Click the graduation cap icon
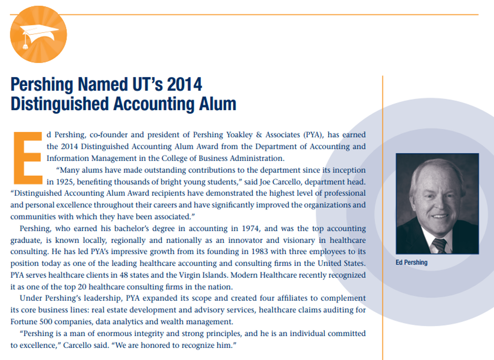pos(38,34)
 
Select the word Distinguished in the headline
pos(59,104)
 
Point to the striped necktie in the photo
pos(439,245)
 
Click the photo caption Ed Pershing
pos(411,263)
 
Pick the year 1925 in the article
pos(65,182)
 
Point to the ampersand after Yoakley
pos(259,135)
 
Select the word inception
pos(348,170)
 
